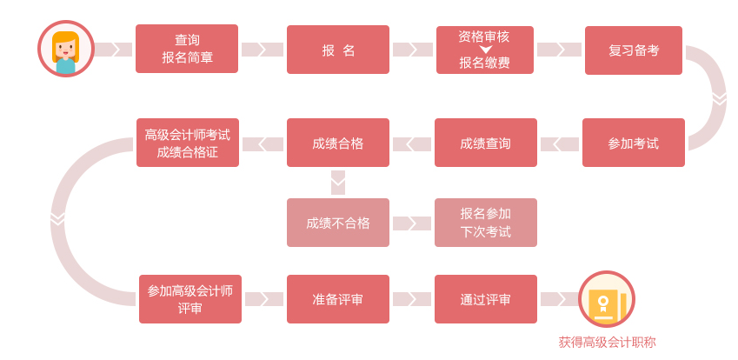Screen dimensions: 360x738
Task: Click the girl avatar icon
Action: pos(65,49)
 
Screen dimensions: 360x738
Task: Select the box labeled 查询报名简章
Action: pos(187,49)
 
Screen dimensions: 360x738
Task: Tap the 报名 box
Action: pos(338,50)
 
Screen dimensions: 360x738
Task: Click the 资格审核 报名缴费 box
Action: pos(485,50)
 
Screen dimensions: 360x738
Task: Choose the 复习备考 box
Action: pos(634,50)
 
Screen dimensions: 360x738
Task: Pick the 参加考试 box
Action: pos(634,143)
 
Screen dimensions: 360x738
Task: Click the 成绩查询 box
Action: pos(485,143)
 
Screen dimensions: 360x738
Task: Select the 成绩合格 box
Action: pos(338,143)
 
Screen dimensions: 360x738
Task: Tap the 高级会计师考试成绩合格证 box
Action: pos(187,143)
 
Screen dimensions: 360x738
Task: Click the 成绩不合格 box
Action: pos(338,223)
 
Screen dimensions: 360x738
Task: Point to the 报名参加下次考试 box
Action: pos(485,223)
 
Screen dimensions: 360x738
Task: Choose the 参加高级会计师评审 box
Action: pos(190,299)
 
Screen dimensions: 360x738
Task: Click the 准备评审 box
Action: pos(338,299)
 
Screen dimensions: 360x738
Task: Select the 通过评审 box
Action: pos(485,299)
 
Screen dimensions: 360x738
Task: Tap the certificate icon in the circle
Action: pos(607,299)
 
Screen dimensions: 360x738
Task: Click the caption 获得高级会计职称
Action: pos(607,342)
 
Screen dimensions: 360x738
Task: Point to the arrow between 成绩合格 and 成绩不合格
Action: pos(338,183)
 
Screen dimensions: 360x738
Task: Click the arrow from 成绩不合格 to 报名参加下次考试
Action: pos(412,223)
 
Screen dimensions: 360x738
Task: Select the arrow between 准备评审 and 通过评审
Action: pos(412,299)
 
